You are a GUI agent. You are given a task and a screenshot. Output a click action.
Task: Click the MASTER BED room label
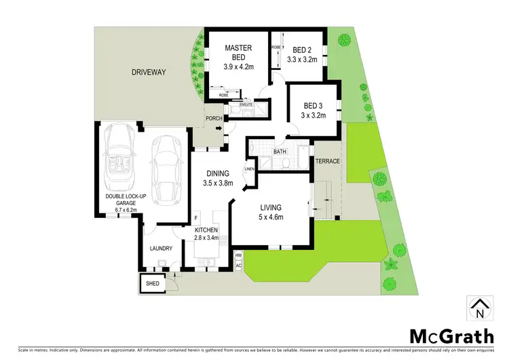pos(238,52)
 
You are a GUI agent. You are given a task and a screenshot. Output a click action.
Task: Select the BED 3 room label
pos(314,105)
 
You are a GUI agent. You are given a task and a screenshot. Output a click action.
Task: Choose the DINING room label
pos(218,173)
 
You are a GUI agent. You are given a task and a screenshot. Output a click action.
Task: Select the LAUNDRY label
pos(161,249)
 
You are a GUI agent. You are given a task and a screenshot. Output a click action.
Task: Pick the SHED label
pos(152,283)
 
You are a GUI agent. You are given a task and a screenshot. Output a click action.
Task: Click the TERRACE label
pos(327,161)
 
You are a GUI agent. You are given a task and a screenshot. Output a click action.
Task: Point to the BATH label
pos(280,151)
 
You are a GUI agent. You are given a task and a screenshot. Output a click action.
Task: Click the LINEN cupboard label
pos(249,168)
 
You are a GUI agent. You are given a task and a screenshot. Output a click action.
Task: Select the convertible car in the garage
pos(121,165)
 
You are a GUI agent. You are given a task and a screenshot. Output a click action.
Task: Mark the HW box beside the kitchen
pos(238,255)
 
